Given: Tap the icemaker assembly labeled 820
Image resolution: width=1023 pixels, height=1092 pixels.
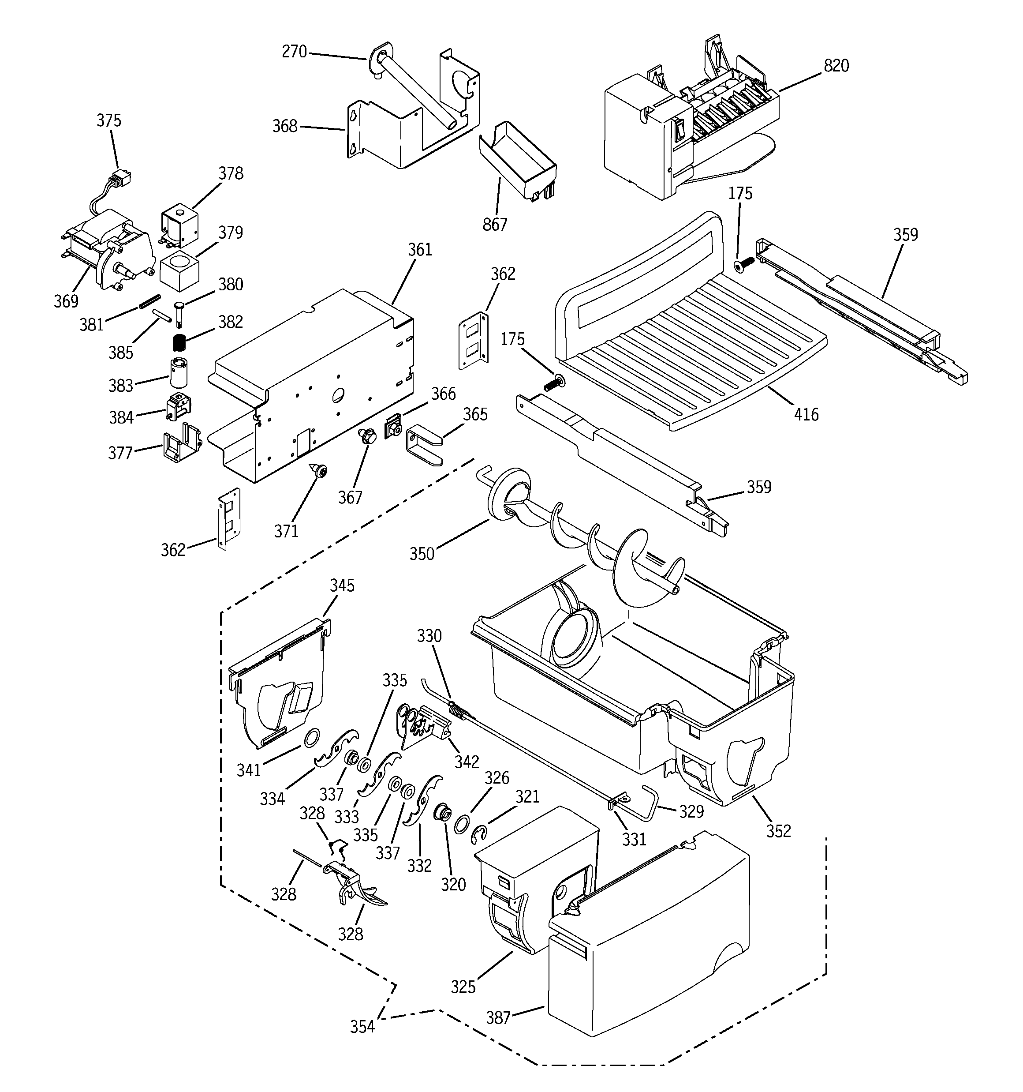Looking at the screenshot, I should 687,126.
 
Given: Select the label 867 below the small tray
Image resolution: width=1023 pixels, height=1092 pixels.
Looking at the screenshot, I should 495,225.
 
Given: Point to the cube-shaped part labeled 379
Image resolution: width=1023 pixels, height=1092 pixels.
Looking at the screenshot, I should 179,271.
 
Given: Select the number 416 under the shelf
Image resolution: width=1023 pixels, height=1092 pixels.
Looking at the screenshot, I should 806,414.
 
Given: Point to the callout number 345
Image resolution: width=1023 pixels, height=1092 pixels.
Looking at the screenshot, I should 342,585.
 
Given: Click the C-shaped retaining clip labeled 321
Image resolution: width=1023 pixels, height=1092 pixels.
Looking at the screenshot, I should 479,836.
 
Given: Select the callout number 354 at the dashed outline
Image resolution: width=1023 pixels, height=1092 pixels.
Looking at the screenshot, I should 362,1027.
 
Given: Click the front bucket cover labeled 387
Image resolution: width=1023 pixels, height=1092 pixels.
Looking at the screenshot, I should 648,945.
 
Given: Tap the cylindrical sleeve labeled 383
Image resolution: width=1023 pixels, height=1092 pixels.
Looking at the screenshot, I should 179,372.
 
